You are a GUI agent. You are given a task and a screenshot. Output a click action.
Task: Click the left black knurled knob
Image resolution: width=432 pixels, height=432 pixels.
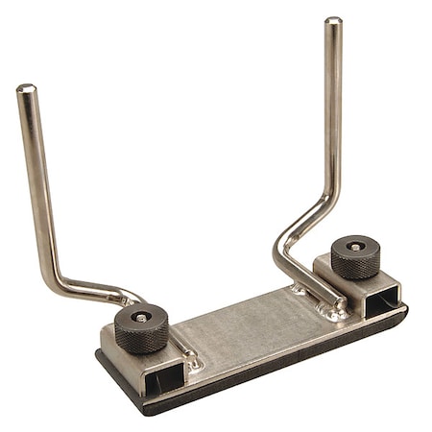141,329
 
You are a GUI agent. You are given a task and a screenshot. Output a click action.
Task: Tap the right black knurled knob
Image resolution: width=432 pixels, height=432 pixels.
355,256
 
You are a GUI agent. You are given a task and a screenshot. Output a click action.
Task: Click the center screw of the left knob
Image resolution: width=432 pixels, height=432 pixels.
142,317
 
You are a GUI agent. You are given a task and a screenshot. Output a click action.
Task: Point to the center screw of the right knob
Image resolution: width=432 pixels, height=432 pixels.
355,246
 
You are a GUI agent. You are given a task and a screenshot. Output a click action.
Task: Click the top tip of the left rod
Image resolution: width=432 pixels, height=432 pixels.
25,89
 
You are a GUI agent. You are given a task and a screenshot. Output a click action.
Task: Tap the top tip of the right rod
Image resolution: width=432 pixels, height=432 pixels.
332,21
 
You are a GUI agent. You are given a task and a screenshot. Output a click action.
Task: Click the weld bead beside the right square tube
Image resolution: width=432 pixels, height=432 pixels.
333,309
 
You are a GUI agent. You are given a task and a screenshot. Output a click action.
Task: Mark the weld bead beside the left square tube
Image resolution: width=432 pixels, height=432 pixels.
192,360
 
